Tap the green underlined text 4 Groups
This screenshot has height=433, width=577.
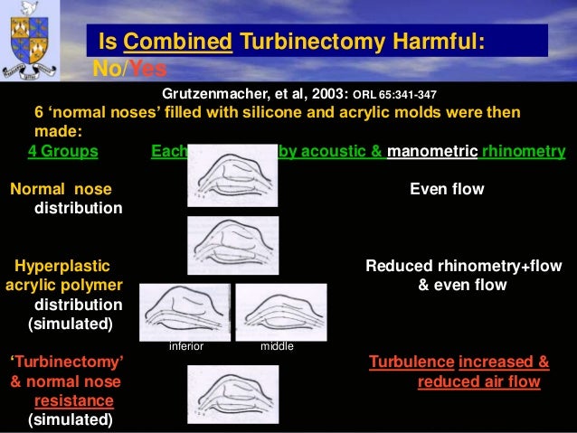point(62,151)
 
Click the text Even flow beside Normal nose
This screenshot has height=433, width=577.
point(447,189)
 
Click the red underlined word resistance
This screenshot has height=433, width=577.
point(74,400)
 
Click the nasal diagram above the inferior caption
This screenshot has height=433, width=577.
point(184,312)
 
